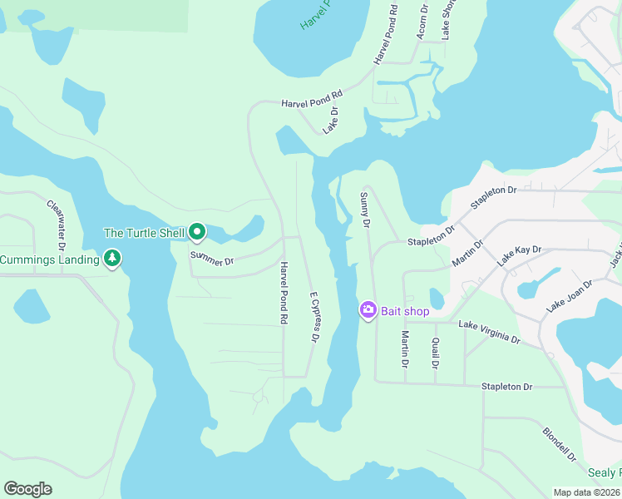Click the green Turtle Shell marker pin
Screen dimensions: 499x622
click(197, 232)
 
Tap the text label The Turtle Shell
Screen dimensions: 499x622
click(144, 233)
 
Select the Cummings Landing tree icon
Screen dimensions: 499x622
click(113, 259)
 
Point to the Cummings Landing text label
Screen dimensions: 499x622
click(50, 259)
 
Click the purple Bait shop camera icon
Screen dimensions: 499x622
click(368, 310)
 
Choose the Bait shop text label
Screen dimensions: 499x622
click(405, 311)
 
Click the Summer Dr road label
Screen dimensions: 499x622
click(212, 259)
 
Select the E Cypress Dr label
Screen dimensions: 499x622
click(313, 317)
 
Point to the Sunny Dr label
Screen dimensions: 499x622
click(364, 210)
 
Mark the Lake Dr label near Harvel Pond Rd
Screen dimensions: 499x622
click(331, 121)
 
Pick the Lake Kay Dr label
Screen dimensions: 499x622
click(520, 255)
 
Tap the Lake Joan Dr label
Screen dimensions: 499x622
click(569, 296)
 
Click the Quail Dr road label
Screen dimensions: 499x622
click(435, 353)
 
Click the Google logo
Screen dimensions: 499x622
click(27, 489)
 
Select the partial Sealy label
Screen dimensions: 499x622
click(605, 472)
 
